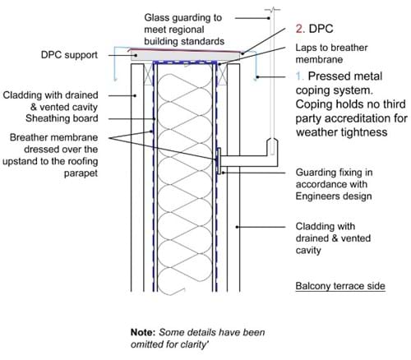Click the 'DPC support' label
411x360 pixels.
[69, 55]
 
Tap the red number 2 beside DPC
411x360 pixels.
[299, 29]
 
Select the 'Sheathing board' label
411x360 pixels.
[62, 118]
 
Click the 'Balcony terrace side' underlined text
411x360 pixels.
[340, 286]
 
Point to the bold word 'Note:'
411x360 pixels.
[143, 332]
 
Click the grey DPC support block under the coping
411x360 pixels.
[185, 55]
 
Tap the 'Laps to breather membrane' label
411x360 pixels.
[331, 53]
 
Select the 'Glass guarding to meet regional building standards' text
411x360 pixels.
[184, 30]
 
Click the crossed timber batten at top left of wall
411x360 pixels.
[148, 74]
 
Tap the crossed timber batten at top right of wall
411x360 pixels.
[223, 74]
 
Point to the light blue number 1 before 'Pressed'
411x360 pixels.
[299, 76]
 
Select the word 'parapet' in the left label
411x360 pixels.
[81, 173]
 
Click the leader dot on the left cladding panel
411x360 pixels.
[135, 95]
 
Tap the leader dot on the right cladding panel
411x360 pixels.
[238, 227]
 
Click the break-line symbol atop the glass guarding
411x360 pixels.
[272, 11]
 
